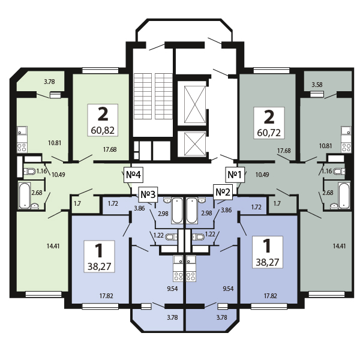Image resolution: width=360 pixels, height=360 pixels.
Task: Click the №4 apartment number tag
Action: click(133, 175)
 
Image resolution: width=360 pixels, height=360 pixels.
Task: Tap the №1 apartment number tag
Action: click(235, 175)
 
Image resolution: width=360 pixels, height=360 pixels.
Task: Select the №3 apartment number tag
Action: click(148, 194)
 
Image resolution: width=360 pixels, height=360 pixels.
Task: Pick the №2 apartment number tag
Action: click(223, 192)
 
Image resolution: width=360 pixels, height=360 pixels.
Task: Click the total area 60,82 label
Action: click(103, 131)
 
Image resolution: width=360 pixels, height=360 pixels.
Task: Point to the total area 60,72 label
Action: click(269, 133)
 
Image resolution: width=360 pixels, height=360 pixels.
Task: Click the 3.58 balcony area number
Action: click(317, 85)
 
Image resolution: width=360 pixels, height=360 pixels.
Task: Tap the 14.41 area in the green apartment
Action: click(53, 246)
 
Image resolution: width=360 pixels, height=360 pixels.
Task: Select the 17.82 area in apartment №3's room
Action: click(106, 296)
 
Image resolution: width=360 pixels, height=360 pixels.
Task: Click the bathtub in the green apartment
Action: click(25, 195)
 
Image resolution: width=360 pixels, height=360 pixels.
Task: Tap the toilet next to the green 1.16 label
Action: click(29, 171)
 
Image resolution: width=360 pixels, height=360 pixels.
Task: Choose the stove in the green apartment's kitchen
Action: click(22, 148)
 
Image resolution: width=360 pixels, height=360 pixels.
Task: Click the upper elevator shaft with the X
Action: click(195, 104)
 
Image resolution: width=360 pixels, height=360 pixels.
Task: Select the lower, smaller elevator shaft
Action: click(195, 144)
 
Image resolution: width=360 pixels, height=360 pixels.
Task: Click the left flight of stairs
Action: click(143, 96)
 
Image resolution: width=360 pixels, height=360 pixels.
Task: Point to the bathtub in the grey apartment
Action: click(344, 195)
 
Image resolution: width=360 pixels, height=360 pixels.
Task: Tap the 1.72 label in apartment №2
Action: click(256, 207)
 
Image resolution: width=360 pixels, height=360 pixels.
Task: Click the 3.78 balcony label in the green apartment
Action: click(49, 82)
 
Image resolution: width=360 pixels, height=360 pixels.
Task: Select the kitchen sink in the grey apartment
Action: click(346, 130)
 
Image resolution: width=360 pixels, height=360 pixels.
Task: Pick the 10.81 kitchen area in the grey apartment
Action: click(326, 146)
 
